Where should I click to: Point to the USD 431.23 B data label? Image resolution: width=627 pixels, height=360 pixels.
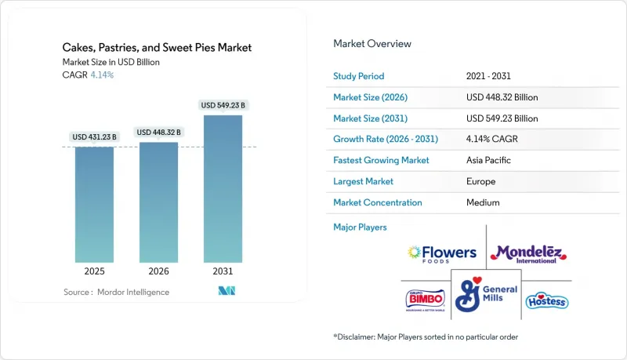94,137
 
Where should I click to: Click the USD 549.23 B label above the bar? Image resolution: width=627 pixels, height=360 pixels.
223,105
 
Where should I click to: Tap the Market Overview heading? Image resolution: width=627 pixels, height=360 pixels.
371,44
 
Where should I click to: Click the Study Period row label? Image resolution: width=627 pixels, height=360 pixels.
358,76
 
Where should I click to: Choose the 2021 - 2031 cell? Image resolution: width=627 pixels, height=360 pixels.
489,76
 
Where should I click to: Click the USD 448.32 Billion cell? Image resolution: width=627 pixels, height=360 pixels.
502,97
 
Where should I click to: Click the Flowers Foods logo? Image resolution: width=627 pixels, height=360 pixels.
443,253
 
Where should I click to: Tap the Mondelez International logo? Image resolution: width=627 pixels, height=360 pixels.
527,253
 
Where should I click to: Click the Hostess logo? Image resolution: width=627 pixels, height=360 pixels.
546,301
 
